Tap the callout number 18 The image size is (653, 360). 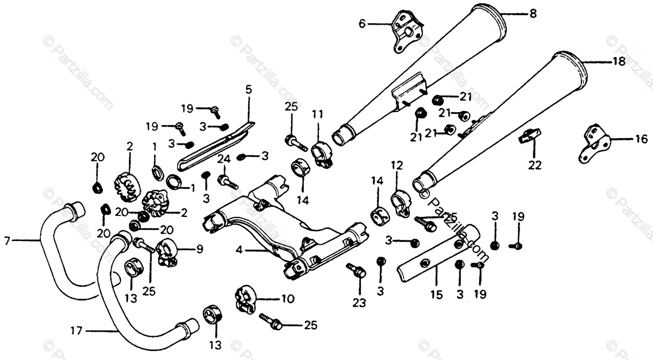(619, 62)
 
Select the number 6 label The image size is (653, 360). (362, 23)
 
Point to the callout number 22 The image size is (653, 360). (535, 165)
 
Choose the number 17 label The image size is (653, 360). (78, 329)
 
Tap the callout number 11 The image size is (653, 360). (317, 114)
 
